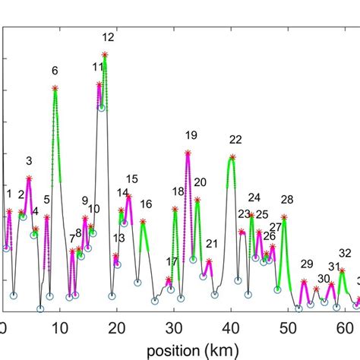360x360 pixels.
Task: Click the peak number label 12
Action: (x=108, y=36)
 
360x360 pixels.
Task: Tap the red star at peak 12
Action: (x=105, y=54)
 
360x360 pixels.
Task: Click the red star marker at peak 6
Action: (x=55, y=88)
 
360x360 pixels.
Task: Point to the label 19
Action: (x=191, y=135)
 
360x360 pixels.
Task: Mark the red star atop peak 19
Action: (x=188, y=153)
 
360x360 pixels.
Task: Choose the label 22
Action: (x=235, y=139)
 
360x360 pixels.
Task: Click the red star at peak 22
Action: (x=232, y=156)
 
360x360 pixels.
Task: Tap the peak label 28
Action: (x=286, y=200)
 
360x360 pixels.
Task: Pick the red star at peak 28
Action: (x=283, y=217)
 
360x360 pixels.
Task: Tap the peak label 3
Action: (x=29, y=160)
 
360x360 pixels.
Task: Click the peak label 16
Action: (x=145, y=204)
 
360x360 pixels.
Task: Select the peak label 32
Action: (x=345, y=253)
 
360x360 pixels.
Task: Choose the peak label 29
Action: (x=306, y=264)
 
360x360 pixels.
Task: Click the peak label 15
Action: (x=132, y=179)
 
